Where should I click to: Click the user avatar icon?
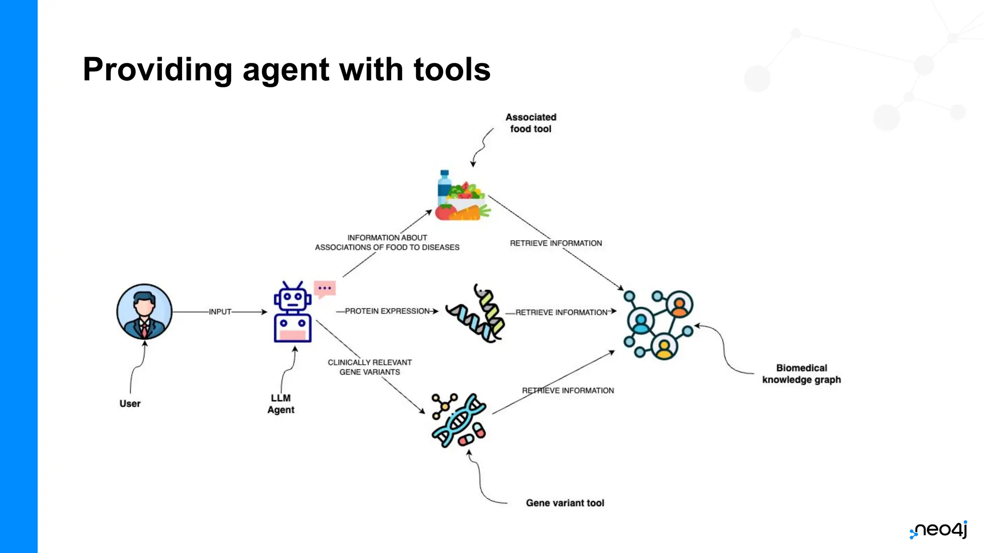tap(144, 312)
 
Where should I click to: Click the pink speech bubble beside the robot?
tap(325, 289)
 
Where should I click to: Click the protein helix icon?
tap(476, 314)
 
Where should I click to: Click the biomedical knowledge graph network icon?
tap(659, 325)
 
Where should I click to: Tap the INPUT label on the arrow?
tap(220, 312)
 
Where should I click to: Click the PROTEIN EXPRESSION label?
tap(387, 311)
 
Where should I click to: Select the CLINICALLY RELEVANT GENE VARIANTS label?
tap(369, 367)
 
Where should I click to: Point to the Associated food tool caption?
tap(530, 123)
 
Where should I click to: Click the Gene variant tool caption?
tap(565, 503)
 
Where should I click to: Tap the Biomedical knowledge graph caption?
tap(801, 373)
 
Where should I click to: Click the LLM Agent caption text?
tap(281, 404)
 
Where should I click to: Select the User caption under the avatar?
tap(130, 403)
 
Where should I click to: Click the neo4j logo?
tap(939, 529)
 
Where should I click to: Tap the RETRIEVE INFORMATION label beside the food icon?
tap(556, 243)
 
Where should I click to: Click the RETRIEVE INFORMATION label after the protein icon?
tap(561, 313)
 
